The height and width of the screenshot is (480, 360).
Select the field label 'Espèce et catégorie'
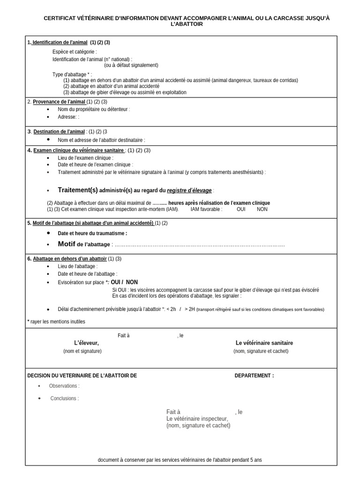coord(75,52)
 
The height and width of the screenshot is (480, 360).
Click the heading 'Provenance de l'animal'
coord(59,102)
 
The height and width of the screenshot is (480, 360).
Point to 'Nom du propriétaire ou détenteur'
coord(94,109)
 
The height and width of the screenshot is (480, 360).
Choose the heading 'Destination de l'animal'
coord(59,132)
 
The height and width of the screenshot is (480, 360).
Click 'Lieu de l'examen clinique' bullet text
coord(85,158)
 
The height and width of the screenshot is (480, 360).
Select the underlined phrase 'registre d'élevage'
coord(189,191)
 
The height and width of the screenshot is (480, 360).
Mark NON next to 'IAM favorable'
coord(262,209)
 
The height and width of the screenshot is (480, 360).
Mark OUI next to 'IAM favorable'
coord(241,209)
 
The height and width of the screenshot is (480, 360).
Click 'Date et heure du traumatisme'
coord(92,233)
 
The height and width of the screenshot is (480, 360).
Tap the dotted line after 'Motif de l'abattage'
coord(200,244)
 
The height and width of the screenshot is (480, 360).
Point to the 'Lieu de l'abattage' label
coord(77,266)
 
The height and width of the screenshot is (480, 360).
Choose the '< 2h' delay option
coord(171,309)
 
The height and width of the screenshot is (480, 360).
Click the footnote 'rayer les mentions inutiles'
coord(58,322)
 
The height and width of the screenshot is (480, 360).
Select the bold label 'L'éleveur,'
coord(86,343)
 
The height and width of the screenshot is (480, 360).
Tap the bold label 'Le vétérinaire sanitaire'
coord(264,343)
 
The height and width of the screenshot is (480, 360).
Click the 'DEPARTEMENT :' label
coord(254,375)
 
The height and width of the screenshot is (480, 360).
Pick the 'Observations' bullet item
coord(64,386)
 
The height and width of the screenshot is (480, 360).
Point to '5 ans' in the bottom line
coord(256,460)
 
